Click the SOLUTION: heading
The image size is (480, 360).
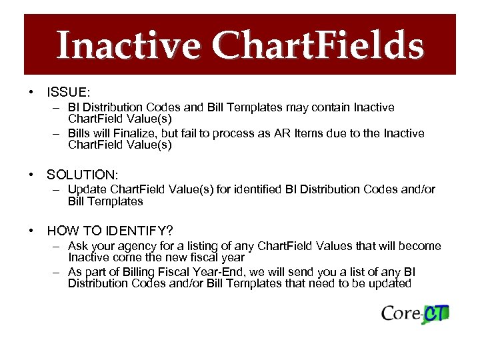pyautogui.click(x=82, y=175)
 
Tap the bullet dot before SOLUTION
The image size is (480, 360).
pyautogui.click(x=31, y=175)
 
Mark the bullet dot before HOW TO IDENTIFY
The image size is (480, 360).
pyautogui.click(x=31, y=231)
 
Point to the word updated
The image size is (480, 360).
pyautogui.click(x=391, y=283)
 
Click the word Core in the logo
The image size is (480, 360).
pyautogui.click(x=401, y=313)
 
